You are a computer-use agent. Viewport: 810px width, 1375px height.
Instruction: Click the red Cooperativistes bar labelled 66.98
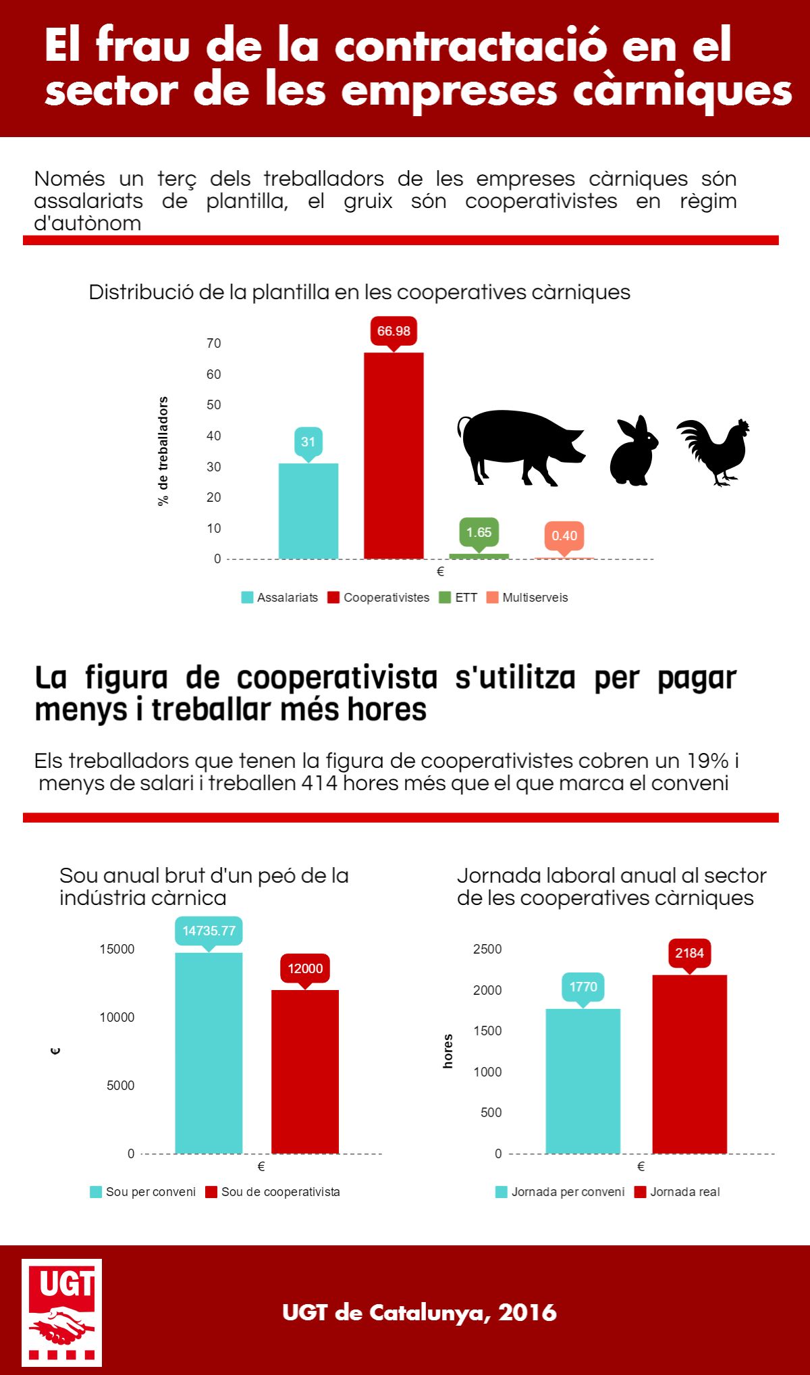(394, 455)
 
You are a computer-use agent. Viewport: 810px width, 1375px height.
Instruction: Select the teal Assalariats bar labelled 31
(308, 511)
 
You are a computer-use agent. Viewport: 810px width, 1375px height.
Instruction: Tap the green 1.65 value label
(479, 534)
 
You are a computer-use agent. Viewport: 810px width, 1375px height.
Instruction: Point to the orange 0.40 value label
(564, 537)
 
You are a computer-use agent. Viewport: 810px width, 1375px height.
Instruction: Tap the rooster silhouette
(714, 452)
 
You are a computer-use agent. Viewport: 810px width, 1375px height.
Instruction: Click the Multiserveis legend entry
(527, 598)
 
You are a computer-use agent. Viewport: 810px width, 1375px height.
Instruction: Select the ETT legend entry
(458, 598)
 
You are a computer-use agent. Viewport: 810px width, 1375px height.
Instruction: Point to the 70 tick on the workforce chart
(213, 343)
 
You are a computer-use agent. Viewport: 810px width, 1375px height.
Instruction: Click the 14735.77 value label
(209, 931)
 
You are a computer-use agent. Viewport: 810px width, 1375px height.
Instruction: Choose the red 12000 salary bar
(305, 1072)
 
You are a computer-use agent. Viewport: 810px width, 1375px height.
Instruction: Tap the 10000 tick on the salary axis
(117, 1017)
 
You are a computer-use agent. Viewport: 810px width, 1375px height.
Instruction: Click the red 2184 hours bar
(690, 1064)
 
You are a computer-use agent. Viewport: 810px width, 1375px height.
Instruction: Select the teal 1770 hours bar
(583, 1081)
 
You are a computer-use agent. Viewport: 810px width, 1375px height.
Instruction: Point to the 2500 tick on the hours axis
(487, 949)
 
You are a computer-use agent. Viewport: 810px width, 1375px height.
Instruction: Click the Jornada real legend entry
(677, 1192)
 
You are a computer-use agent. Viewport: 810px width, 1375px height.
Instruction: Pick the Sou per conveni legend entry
(143, 1192)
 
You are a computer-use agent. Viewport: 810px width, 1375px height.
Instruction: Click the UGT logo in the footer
(61, 1312)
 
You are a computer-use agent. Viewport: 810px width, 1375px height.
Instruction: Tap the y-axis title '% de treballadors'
(163, 451)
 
